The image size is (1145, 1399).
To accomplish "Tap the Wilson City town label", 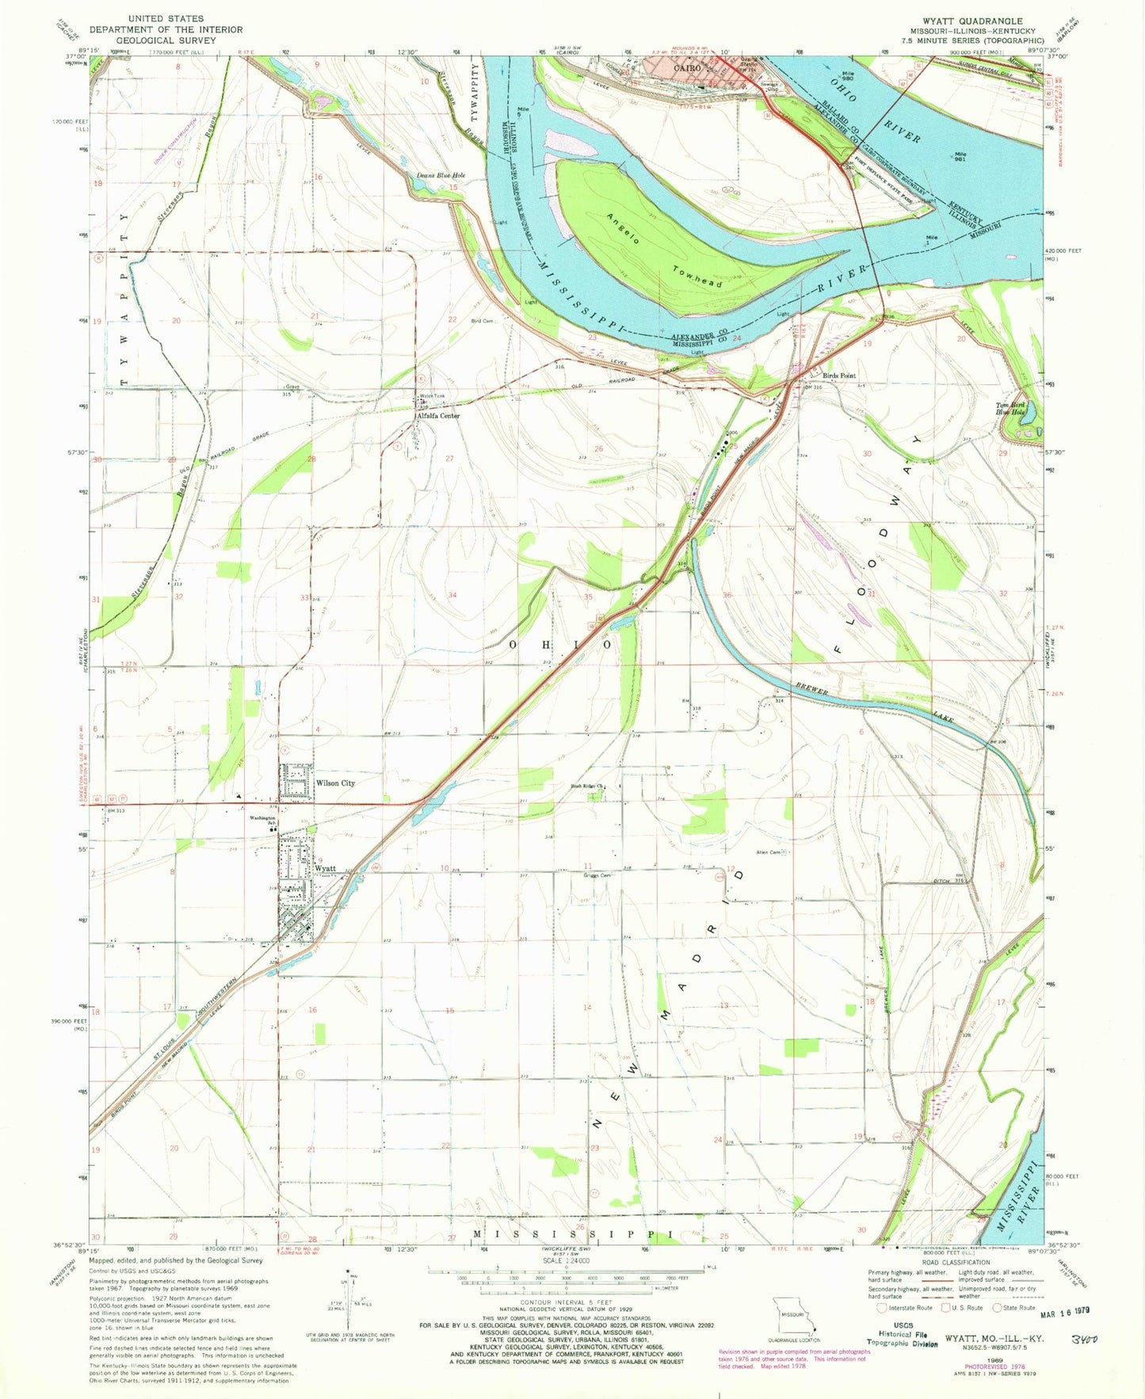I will point(335,783).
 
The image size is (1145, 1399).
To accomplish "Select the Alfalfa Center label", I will point(438,416).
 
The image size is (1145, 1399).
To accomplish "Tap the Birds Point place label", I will point(838,375).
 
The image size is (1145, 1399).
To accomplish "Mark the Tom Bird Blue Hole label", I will point(1011,409).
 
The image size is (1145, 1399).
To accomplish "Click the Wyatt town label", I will point(326,868).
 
